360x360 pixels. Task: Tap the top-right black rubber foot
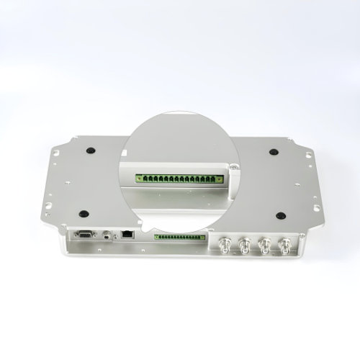274,151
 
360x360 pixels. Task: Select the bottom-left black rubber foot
84,214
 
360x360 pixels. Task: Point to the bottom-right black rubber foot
280,214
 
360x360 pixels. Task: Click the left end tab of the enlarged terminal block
137,176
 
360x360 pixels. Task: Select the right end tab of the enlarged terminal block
220,176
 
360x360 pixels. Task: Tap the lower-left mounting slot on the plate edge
48,205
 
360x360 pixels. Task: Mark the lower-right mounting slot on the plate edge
315,205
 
